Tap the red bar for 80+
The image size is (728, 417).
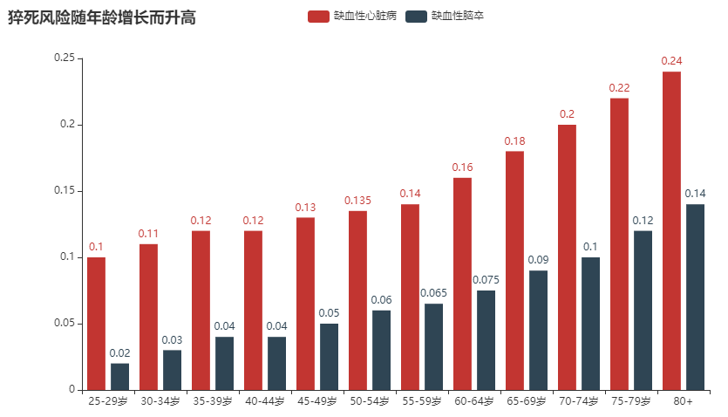[671, 230]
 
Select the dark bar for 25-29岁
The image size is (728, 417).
[119, 376]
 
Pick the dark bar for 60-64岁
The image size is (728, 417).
[486, 339]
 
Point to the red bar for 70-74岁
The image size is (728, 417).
[567, 257]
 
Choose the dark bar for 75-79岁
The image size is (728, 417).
[643, 310]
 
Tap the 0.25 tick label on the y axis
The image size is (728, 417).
[64, 58]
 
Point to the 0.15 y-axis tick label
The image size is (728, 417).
[64, 190]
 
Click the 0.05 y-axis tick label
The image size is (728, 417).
[64, 323]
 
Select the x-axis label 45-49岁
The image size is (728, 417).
[317, 401]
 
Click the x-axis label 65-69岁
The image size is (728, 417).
[527, 401]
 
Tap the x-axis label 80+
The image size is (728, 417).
[684, 401]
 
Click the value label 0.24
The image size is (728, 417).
[671, 60]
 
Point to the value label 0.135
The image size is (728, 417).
[357, 200]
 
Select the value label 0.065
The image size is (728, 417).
[433, 292]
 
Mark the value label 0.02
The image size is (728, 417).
[119, 352]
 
